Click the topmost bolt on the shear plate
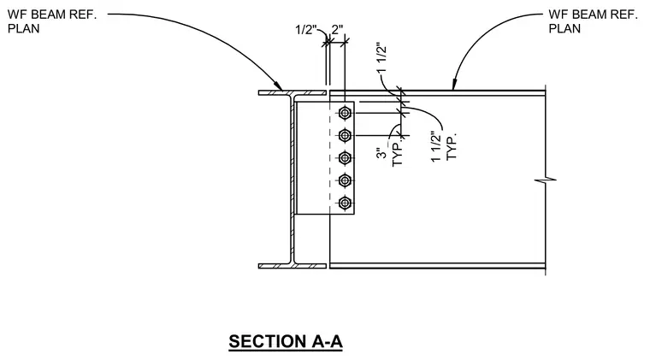345,113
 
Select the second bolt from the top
345,135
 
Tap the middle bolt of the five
345,158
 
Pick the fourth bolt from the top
345,180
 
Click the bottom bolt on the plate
345,203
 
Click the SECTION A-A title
286,342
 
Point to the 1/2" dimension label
306,30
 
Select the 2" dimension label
338,29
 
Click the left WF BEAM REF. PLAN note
52,21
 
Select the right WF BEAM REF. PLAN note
593,21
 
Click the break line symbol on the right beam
546,180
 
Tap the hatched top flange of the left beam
292,93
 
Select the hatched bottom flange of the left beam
292,266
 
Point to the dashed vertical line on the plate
329,158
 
